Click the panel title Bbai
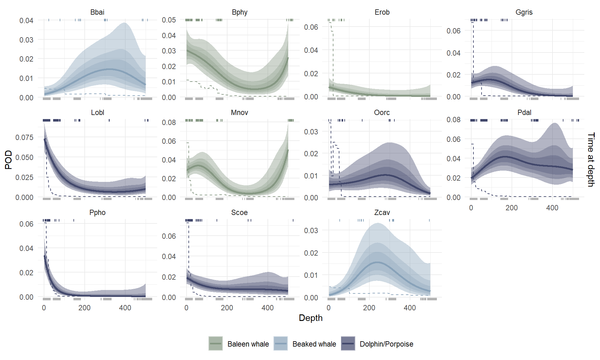97,12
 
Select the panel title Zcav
382,212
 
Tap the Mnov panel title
239,112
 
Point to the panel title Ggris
524,12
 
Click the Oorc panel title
382,112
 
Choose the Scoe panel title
239,212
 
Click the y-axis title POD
8,159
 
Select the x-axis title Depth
310,318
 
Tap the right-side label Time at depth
591,159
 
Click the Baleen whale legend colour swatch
216,343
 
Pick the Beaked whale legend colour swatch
280,343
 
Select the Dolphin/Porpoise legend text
386,344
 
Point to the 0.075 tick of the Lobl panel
24,137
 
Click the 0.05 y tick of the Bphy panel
169,20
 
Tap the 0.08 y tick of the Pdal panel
453,120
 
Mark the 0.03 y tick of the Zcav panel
311,231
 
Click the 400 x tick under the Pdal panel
552,208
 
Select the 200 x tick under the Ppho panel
84,308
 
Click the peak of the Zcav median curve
377,262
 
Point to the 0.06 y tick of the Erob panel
311,27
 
